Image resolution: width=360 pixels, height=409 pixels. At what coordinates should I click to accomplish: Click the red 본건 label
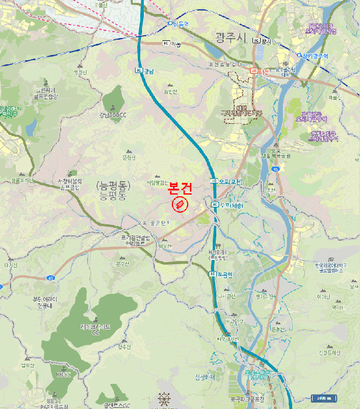(x=179, y=189)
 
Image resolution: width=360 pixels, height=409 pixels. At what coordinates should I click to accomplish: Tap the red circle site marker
(x=179, y=204)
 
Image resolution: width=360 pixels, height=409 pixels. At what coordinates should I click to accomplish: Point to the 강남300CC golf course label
(x=113, y=115)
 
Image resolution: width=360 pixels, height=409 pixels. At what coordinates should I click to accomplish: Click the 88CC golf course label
(x=63, y=374)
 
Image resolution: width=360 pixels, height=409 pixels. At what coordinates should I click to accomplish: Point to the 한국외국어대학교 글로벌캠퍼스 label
(x=331, y=268)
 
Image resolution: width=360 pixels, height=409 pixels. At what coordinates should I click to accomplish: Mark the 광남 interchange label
(x=147, y=71)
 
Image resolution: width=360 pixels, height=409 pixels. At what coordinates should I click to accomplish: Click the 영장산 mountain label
(x=80, y=72)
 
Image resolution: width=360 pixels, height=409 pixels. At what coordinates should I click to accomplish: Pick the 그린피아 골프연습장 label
(x=46, y=93)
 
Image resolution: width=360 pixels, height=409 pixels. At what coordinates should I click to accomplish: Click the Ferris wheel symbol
(x=165, y=400)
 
